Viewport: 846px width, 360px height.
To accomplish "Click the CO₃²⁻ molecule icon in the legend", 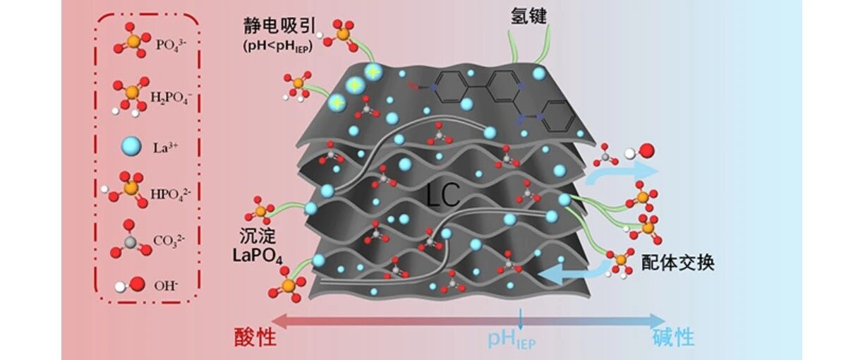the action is [x=130, y=239].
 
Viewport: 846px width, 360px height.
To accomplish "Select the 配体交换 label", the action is [x=677, y=263].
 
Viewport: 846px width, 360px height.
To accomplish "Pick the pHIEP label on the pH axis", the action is [x=513, y=340].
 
